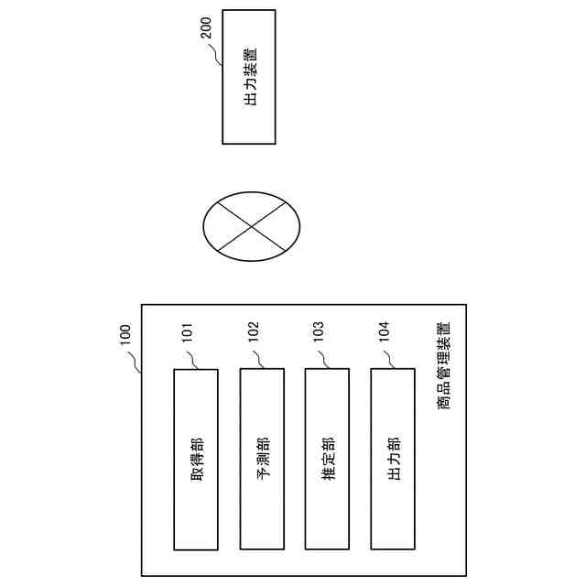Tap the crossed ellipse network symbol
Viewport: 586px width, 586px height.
click(x=251, y=222)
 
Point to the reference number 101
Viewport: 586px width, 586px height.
click(x=187, y=331)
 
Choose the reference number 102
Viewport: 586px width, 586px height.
click(x=253, y=331)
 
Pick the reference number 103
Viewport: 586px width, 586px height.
click(x=319, y=331)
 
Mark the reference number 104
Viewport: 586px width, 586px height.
click(x=384, y=331)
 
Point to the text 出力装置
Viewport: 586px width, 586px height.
click(x=249, y=77)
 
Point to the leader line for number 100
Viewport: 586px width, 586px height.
click(x=136, y=364)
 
